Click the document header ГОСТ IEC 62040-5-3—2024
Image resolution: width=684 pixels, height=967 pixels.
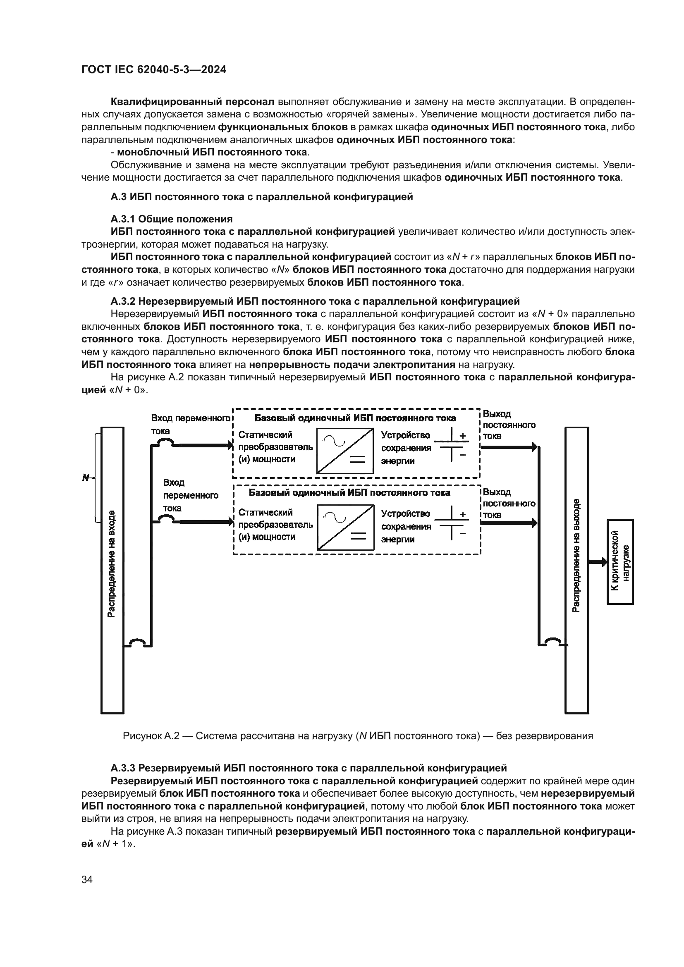154,69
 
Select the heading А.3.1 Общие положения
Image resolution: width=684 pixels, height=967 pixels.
172,219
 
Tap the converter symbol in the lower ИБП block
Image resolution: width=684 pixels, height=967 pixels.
346,528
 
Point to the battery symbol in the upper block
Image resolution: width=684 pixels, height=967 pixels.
452,445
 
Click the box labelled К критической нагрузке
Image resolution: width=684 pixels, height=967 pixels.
620,562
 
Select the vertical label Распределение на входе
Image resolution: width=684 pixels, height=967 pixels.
112,563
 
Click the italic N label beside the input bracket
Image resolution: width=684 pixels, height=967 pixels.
86,478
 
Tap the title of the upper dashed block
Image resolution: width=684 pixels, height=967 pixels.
355,418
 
